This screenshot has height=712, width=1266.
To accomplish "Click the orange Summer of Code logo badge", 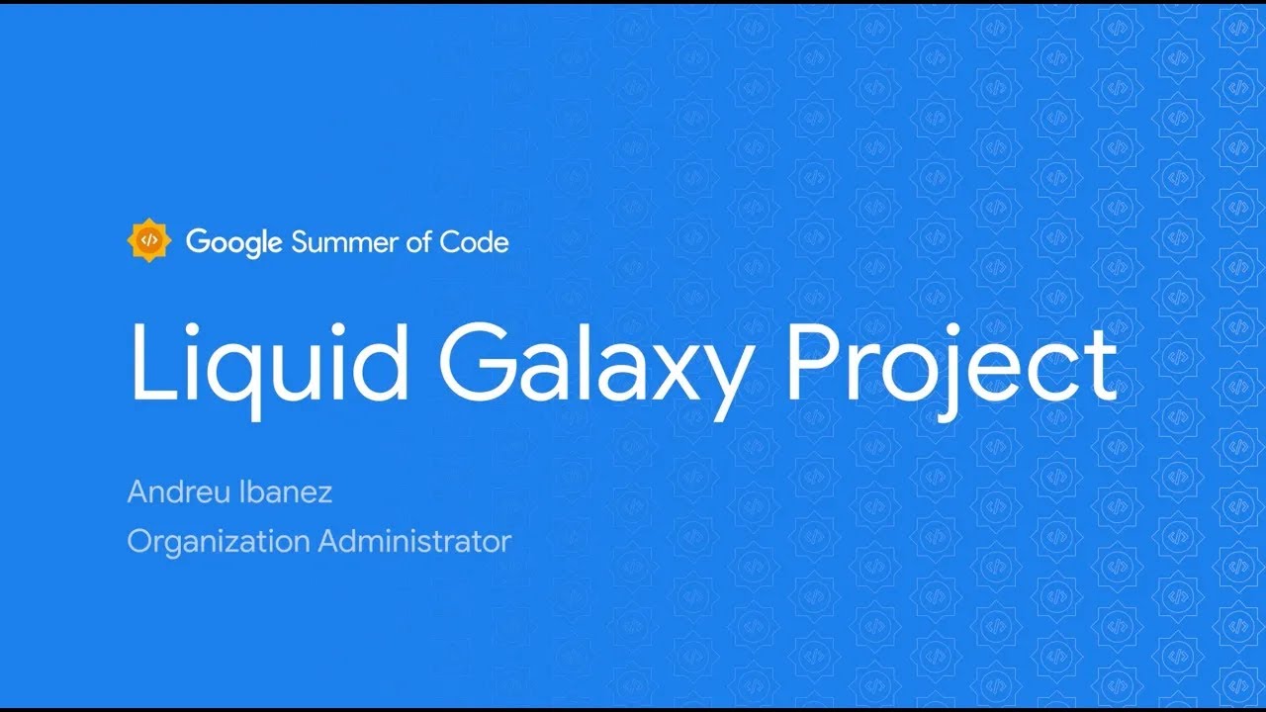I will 149,240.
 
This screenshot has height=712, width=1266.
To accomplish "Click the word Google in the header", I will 234,242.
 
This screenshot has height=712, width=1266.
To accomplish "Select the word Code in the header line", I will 475,242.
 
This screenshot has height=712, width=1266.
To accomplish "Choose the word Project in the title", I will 952,361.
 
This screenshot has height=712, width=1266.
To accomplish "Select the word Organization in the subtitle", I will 219,542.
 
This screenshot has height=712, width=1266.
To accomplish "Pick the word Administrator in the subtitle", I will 415,541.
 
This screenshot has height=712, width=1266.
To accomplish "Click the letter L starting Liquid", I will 148,361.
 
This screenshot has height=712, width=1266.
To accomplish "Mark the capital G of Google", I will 198,241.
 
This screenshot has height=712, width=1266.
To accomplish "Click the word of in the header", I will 420,241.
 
